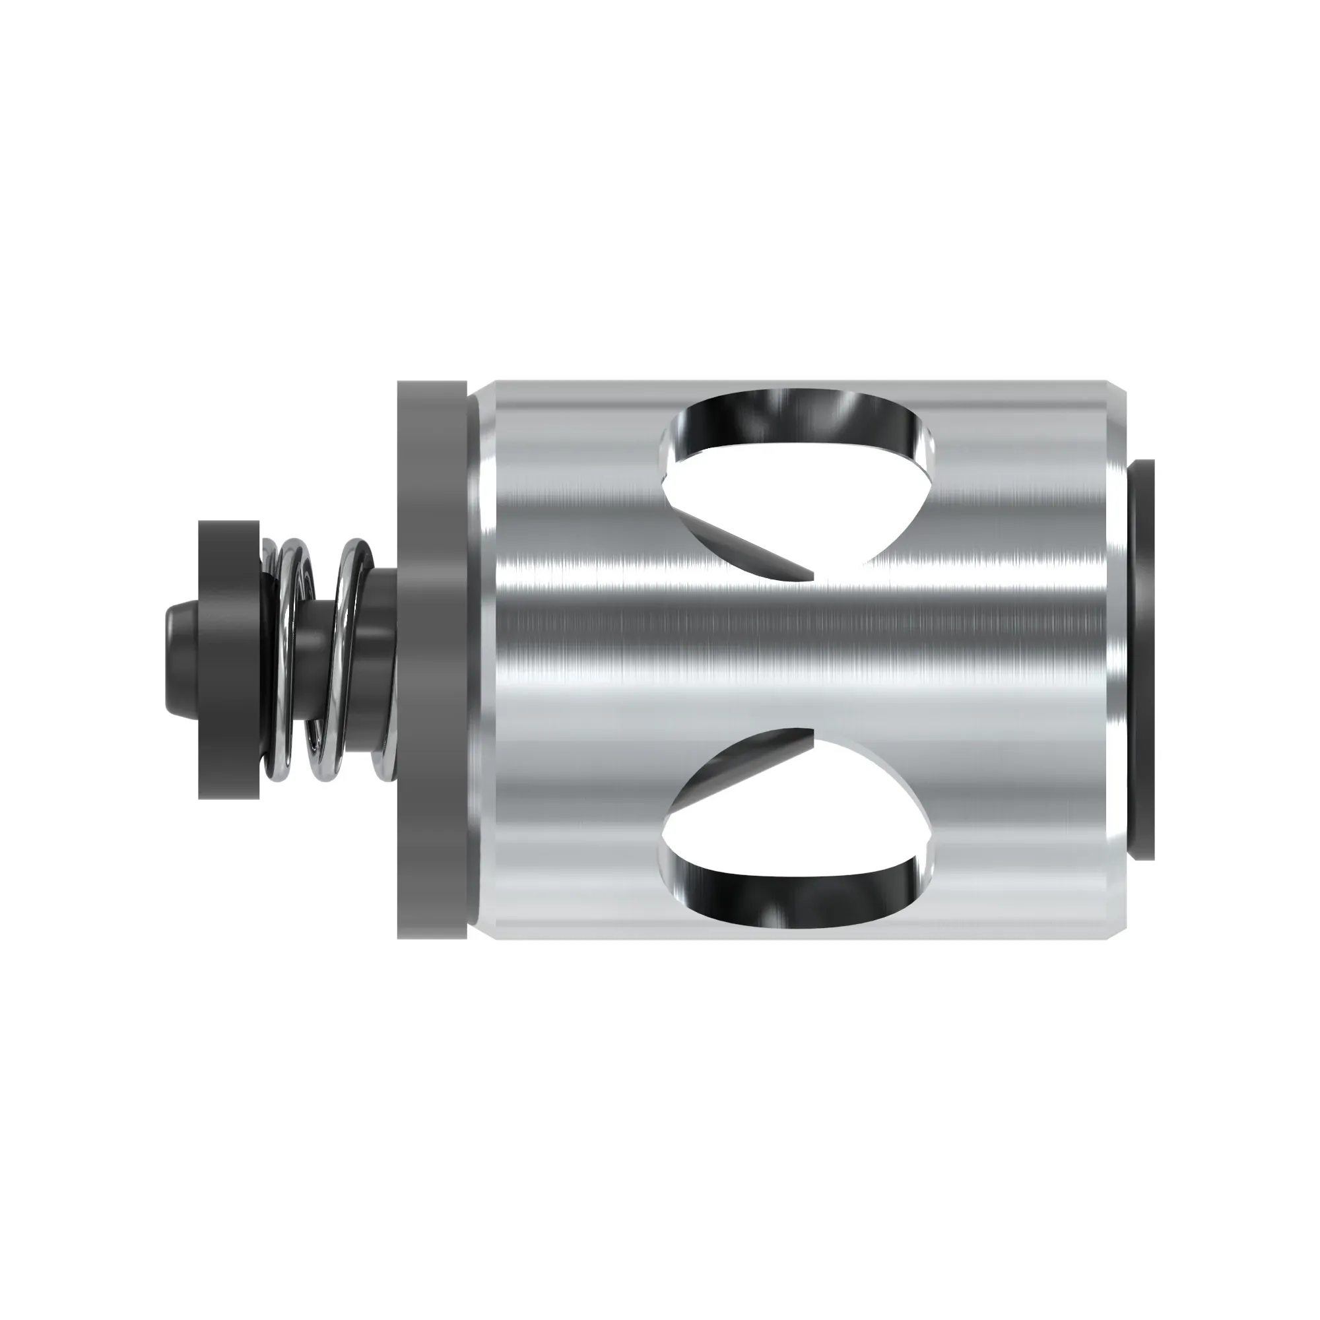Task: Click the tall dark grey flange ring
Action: (432, 659)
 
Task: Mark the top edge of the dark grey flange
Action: (432, 384)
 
